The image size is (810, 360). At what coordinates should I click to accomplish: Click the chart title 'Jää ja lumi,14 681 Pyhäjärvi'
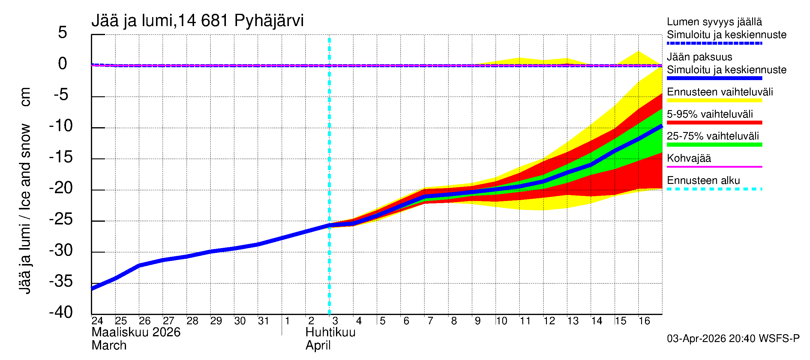pos(197,21)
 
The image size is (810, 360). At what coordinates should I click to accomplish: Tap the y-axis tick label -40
pos(61,312)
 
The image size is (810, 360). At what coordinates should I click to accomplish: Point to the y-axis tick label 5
pos(63,32)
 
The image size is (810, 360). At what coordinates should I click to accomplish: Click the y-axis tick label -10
pos(61,126)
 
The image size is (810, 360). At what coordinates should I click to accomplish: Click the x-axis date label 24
pos(97,321)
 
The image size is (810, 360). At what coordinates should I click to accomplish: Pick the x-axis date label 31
pos(263,321)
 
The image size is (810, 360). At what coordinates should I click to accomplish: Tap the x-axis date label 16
pos(644,321)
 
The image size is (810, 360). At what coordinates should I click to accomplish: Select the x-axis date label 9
pos(477,321)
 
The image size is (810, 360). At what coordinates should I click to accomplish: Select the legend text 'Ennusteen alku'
pos(703,181)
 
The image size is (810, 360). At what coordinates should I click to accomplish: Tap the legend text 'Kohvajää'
pos(688,158)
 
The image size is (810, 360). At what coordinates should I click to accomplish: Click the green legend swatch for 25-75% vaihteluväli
pos(714,145)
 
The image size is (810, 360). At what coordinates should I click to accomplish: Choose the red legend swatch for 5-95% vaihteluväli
pos(714,123)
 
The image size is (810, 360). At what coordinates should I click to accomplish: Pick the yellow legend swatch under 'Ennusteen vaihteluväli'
pos(714,100)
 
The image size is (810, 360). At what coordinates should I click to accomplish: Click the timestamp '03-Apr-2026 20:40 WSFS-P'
pos(733,339)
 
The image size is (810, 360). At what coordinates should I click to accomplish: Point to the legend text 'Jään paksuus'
pos(699,57)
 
